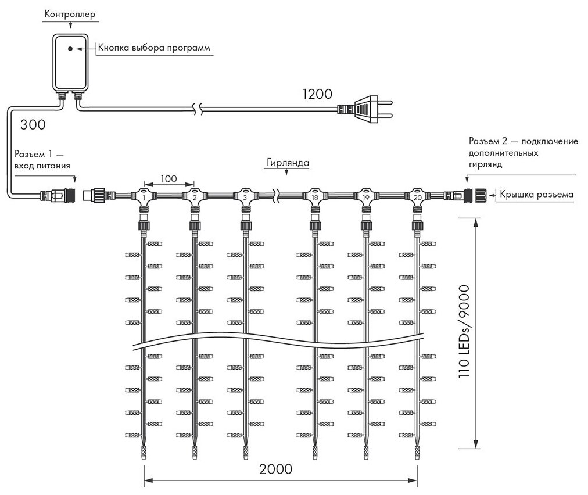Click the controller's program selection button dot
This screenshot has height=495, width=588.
pyautogui.click(x=70, y=49)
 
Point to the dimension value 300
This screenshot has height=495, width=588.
pyautogui.click(x=33, y=124)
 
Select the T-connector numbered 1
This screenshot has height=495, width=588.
pyautogui.click(x=142, y=196)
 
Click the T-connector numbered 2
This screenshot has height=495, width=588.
pyautogui.click(x=193, y=196)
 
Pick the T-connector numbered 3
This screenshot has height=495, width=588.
pyautogui.click(x=245, y=196)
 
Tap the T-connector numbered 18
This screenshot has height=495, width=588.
pyautogui.click(x=315, y=196)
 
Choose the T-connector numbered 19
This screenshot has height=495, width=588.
pyautogui.click(x=366, y=196)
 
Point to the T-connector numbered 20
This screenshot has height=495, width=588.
pyautogui.click(x=417, y=196)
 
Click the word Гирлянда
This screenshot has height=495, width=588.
pyautogui.click(x=288, y=163)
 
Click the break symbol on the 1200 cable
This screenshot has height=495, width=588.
pyautogui.click(x=199, y=107)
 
